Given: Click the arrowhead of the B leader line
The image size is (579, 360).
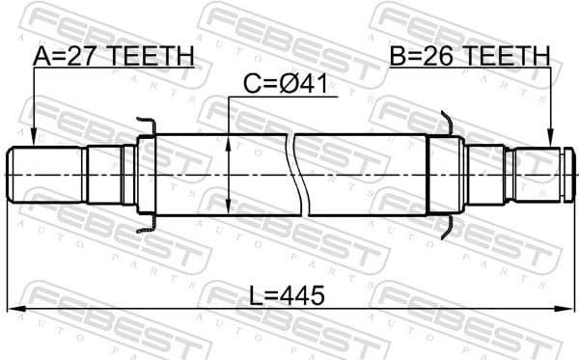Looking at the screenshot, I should pos(550,142).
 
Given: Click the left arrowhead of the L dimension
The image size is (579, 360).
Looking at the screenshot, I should pos(17,308).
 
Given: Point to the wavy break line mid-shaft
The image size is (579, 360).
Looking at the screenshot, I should pos(296,174).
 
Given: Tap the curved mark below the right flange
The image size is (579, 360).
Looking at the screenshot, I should pos(445,228).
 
